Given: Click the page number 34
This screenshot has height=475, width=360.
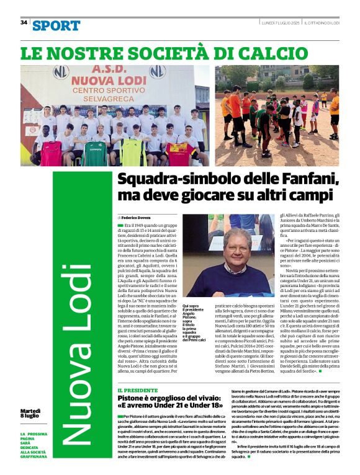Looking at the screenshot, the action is [24, 22].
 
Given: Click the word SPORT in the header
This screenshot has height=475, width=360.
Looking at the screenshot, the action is [56, 25].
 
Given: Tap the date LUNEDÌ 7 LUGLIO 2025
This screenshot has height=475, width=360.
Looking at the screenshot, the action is [280, 22].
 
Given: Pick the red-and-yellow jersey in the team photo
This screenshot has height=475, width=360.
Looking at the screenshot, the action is [177, 151].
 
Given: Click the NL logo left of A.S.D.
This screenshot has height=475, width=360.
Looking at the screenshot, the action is [60, 71].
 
